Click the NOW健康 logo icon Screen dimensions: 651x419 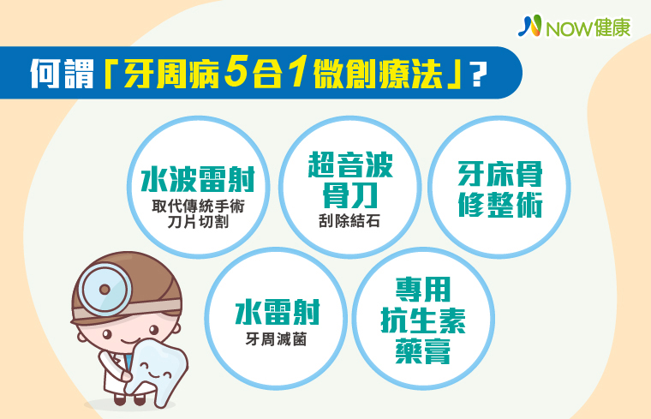[x=529, y=26]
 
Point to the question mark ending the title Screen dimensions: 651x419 [x=479, y=75]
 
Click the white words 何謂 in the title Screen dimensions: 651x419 [x=63, y=74]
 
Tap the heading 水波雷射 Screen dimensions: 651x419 [x=198, y=179]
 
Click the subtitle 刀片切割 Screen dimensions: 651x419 [x=198, y=222]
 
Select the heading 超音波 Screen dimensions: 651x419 [x=350, y=165]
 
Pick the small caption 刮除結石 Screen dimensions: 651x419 [x=349, y=221]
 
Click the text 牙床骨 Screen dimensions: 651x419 [x=500, y=174]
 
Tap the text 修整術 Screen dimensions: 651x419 [x=500, y=204]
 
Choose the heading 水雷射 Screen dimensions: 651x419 [x=278, y=312]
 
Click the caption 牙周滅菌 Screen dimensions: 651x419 [x=277, y=339]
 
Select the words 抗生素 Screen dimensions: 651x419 [x=423, y=320]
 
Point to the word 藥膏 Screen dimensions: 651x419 [x=423, y=351]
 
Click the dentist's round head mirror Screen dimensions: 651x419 [x=105, y=289]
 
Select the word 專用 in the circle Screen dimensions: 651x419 [x=423, y=290]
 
